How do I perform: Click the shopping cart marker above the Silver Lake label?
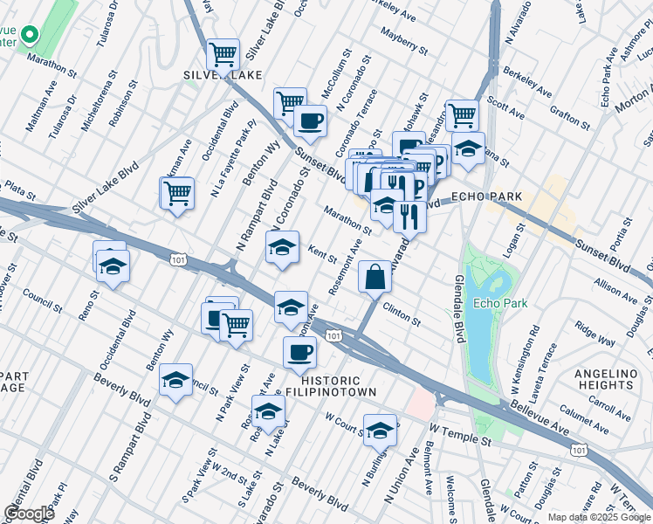click(223, 54)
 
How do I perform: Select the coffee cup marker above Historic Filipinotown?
click(300, 352)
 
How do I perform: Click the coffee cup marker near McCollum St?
click(309, 120)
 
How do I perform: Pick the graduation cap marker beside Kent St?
click(283, 248)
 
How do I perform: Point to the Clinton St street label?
click(402, 315)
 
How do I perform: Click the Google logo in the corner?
click(29, 513)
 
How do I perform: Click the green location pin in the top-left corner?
click(29, 36)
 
